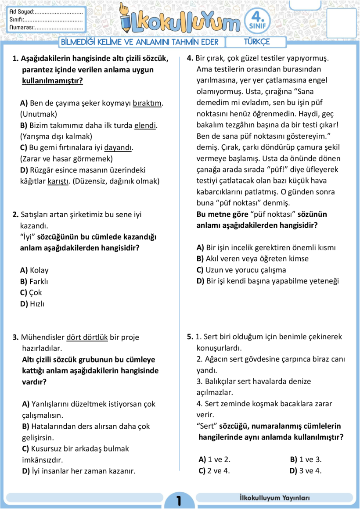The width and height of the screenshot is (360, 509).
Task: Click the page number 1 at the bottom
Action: click(179, 501)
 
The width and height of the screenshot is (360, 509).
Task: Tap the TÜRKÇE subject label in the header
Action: click(256, 42)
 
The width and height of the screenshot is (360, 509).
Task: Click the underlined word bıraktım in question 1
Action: click(147, 103)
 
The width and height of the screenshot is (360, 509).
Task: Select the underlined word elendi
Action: click(145, 125)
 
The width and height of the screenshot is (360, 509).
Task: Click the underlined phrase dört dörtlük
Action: click(87, 337)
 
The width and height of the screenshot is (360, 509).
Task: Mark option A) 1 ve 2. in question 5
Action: click(215, 460)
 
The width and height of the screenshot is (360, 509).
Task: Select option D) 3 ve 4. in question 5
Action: click(306, 471)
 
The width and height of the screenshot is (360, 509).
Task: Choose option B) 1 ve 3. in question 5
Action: click(306, 460)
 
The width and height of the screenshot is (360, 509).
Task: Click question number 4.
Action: click(190, 58)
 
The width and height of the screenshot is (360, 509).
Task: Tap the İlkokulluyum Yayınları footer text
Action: click(275, 498)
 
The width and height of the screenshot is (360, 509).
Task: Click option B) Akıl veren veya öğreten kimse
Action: click(252, 259)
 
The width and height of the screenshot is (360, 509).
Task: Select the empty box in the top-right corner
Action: click(341, 22)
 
